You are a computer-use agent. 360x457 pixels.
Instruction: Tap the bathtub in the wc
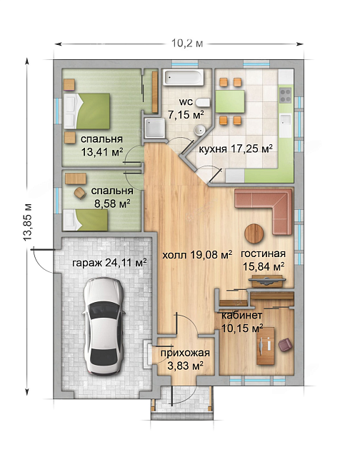point(184,78)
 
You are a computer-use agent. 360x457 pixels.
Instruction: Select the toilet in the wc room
point(203,103)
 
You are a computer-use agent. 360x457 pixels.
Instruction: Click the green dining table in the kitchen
point(230,101)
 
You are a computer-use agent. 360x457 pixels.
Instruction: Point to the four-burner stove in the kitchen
point(286,96)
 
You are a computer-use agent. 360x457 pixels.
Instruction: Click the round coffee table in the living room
point(254,233)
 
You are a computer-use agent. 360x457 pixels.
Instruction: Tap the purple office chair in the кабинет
point(285,344)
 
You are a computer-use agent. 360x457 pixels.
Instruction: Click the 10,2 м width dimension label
point(187,44)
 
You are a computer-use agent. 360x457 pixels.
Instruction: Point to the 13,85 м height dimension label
point(28,222)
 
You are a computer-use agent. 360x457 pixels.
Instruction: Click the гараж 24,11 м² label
point(109,263)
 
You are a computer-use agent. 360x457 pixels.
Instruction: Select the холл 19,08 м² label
point(197,256)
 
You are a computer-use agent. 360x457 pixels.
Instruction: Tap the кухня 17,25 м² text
point(236,149)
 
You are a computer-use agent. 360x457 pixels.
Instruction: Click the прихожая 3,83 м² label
point(185,359)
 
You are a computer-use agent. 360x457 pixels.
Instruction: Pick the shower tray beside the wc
point(154,128)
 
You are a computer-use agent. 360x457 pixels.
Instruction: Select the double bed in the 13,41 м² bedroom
point(87,111)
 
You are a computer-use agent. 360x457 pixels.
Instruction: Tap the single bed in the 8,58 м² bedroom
point(86,220)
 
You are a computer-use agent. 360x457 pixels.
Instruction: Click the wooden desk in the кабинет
point(265,346)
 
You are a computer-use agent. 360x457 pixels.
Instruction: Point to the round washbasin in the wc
point(199,131)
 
